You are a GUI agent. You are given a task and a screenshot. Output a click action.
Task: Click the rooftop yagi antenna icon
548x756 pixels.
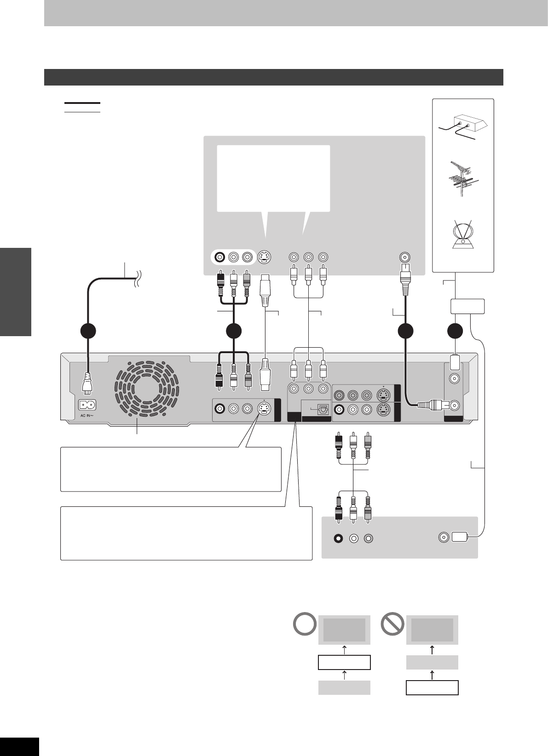tap(463, 180)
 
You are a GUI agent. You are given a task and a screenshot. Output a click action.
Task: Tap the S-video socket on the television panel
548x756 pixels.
tap(264, 257)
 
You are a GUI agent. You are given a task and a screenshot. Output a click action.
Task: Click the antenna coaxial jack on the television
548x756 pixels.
tap(405, 257)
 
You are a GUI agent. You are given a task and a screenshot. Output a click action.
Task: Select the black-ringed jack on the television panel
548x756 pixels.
tap(221, 257)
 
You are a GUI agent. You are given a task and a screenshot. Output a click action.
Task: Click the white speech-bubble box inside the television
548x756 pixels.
tap(273, 178)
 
